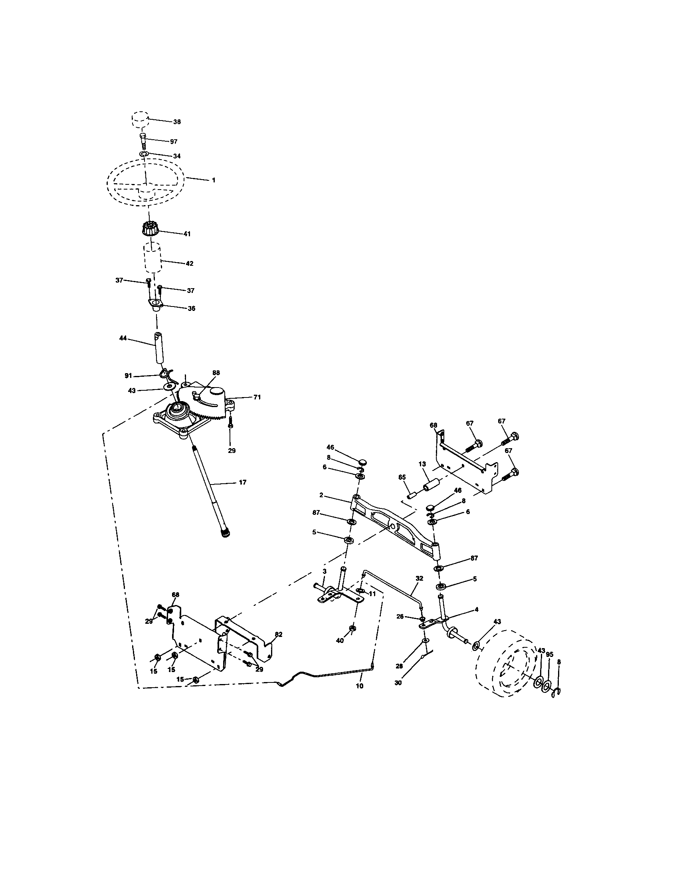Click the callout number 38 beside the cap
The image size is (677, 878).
coord(177,122)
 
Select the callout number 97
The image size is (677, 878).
coord(174,142)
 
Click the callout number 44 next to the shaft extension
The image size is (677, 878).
coord(123,338)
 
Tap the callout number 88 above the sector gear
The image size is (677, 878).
coord(216,373)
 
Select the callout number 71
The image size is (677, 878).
coord(257,397)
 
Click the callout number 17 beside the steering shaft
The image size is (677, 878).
coord(242,483)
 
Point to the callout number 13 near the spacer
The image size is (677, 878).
coord(422,464)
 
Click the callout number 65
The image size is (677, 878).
coord(402,477)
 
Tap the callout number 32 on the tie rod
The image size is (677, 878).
coord(419,578)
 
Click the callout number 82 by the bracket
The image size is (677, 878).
coord(278,635)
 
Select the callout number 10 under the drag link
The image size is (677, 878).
coord(359,686)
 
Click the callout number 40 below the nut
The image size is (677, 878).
coord(340,641)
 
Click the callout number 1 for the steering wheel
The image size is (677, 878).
coord(214,180)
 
